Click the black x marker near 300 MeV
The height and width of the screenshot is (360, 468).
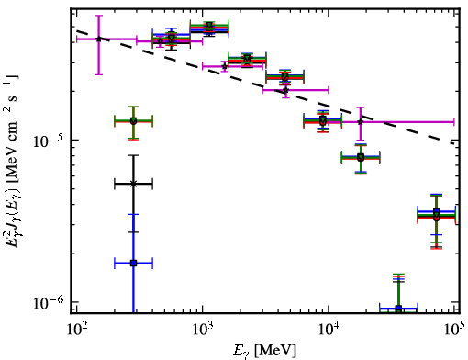coord(133,184)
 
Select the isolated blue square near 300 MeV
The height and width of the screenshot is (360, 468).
coord(133,263)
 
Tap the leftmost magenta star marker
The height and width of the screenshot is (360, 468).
coord(98,39)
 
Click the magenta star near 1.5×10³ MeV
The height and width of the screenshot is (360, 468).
coord(225,66)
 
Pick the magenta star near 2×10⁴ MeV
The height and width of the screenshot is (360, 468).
coord(361,122)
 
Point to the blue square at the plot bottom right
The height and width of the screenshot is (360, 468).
coord(398,308)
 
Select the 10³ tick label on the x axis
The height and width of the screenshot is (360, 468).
coord(203,329)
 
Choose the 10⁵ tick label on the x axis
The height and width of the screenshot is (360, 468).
coord(454,329)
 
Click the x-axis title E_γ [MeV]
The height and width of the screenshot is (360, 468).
coord(264,351)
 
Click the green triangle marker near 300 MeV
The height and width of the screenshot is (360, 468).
coord(133,120)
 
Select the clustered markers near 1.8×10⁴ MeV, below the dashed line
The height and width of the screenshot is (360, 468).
coord(361,158)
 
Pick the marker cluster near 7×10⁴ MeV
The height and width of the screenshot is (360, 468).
coord(437,215)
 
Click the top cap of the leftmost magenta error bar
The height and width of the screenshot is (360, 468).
coord(98,16)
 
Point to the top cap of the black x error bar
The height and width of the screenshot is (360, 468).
coord(133,155)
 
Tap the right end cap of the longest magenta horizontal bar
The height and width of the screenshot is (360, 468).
coord(454,122)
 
